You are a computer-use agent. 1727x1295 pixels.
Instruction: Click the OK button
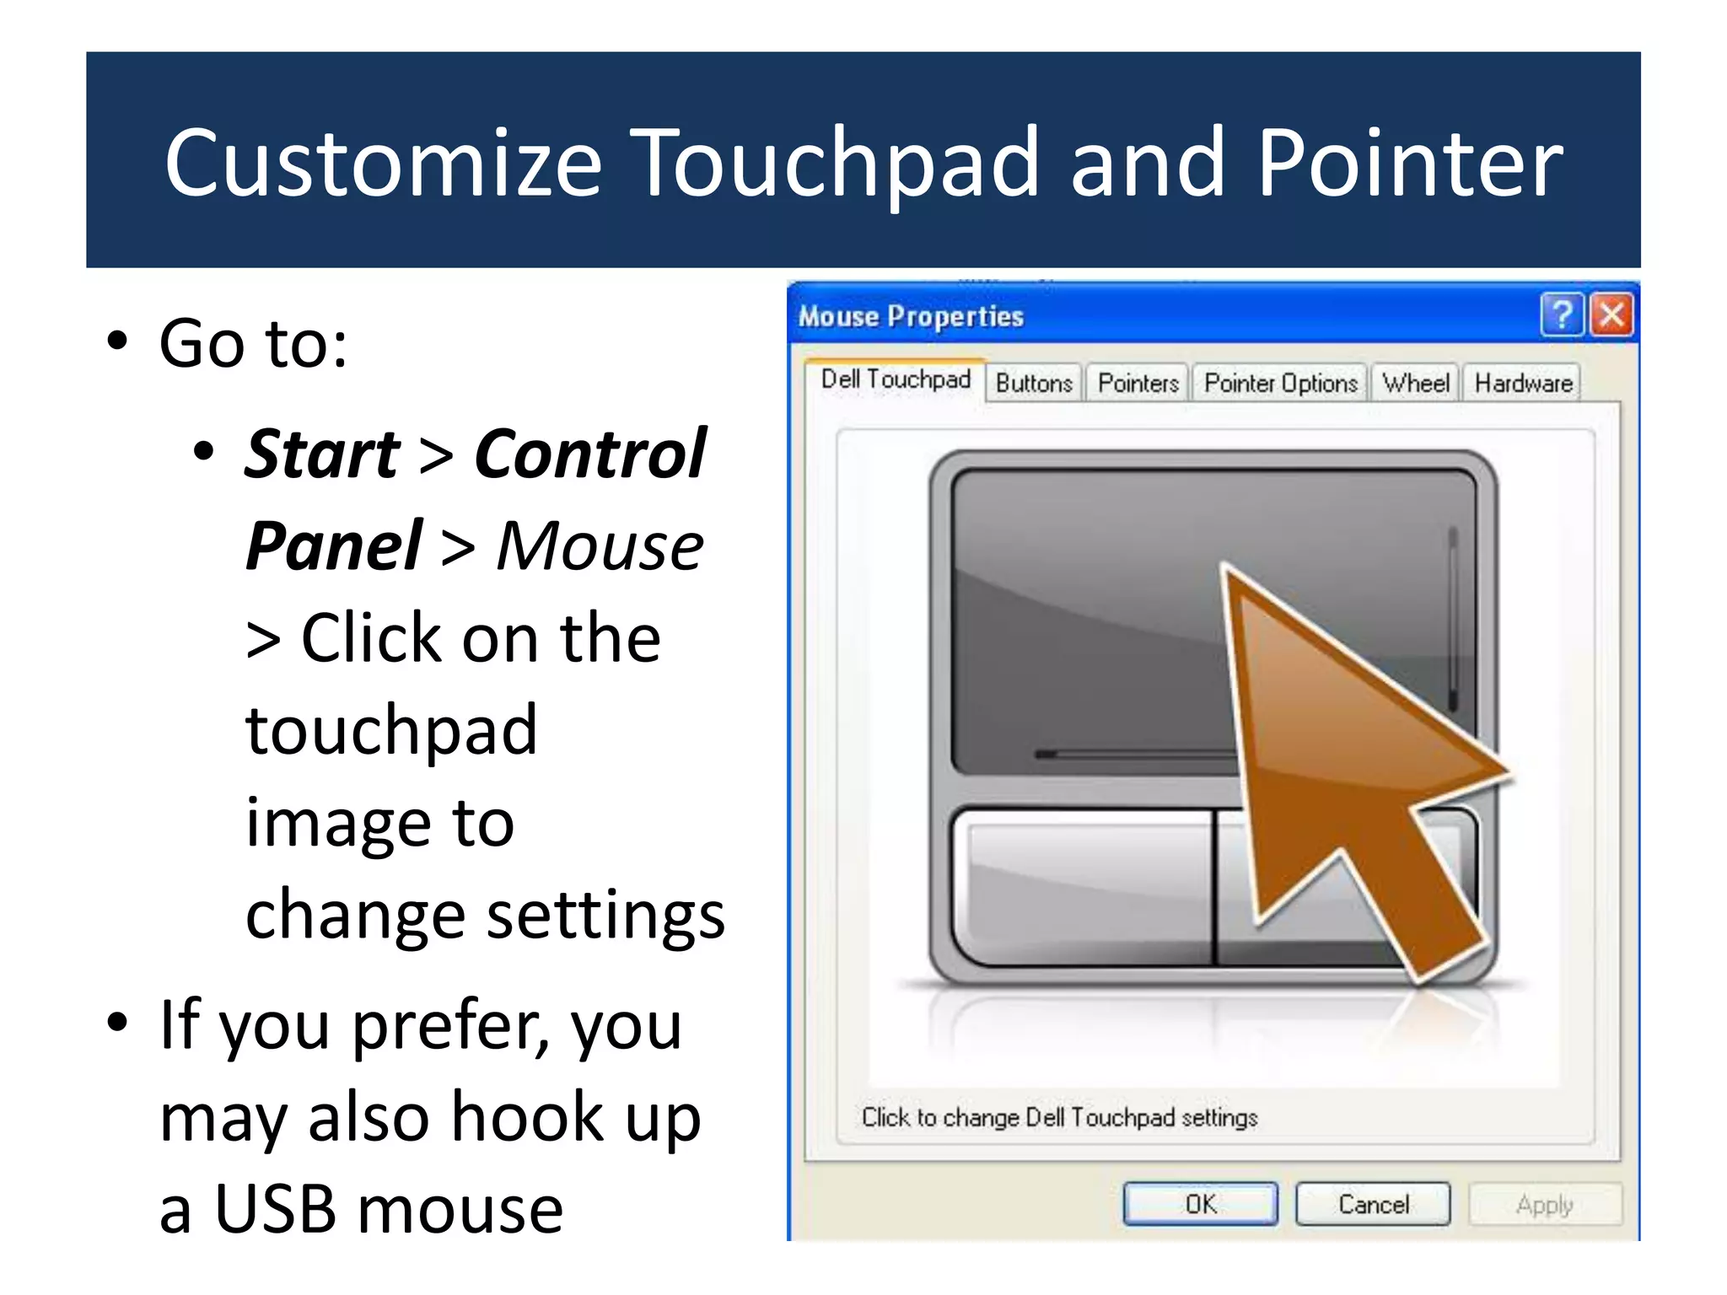pyautogui.click(x=1200, y=1204)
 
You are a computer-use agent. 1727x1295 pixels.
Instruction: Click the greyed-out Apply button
pyautogui.click(x=1544, y=1204)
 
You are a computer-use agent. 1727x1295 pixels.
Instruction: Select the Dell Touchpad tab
pyautogui.click(x=896, y=379)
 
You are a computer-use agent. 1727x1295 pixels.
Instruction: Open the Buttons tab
pyautogui.click(x=1034, y=384)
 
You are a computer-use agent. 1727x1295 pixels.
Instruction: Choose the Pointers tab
pyautogui.click(x=1138, y=384)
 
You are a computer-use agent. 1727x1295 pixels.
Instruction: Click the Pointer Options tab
pyautogui.click(x=1280, y=384)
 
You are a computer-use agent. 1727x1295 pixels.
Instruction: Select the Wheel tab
pyautogui.click(x=1416, y=384)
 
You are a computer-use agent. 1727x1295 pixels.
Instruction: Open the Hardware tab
pyautogui.click(x=1523, y=384)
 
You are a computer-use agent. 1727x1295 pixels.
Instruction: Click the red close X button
pyautogui.click(x=1611, y=315)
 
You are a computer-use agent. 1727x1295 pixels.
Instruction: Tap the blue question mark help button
pyautogui.click(x=1561, y=315)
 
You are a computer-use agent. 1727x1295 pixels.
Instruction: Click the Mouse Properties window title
pyautogui.click(x=911, y=316)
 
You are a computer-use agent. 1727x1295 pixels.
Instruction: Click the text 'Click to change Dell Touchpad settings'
pyautogui.click(x=1059, y=1117)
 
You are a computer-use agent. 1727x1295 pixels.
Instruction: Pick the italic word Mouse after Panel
pyautogui.click(x=600, y=546)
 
